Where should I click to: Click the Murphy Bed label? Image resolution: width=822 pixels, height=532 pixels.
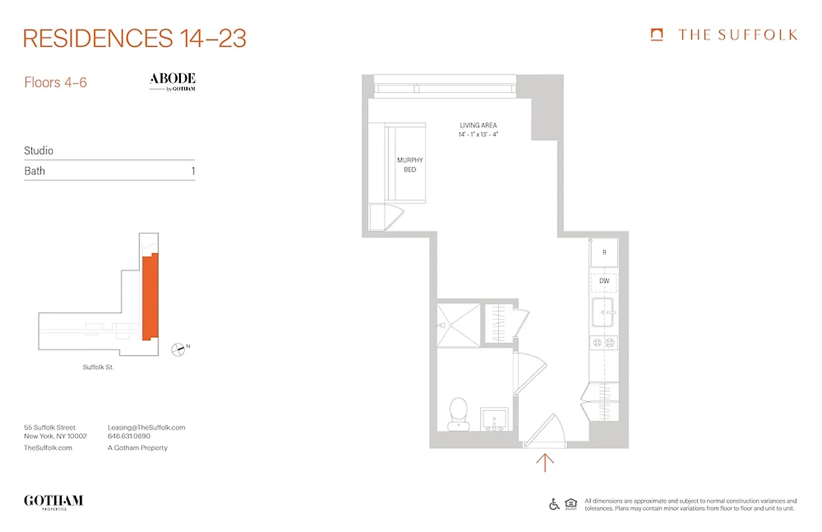(x=410, y=165)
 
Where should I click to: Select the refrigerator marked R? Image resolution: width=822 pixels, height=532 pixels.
(x=604, y=253)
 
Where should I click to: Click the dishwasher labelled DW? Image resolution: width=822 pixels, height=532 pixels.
(x=604, y=281)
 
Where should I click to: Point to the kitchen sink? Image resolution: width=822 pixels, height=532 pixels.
(x=604, y=312)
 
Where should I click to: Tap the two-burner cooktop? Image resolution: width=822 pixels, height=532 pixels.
(x=604, y=342)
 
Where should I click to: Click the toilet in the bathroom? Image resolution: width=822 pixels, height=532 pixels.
(x=458, y=412)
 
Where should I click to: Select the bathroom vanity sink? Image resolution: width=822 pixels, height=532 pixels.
(x=493, y=419)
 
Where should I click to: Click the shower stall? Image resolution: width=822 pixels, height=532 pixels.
(x=458, y=325)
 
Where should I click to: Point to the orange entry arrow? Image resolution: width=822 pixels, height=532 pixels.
(x=545, y=462)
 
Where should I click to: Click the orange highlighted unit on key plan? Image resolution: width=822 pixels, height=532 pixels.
(x=150, y=296)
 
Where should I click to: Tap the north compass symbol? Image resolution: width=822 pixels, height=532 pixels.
(x=179, y=348)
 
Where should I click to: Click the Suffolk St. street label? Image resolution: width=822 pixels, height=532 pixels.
(x=98, y=367)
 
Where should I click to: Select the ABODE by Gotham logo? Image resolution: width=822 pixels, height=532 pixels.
(x=172, y=82)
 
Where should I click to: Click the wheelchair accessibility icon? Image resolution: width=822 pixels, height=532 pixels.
(x=554, y=504)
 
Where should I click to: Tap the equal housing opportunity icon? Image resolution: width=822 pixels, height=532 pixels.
(x=571, y=504)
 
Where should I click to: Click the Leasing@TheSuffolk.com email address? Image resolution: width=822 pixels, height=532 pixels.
(x=146, y=428)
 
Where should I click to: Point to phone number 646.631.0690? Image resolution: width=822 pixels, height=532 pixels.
(x=129, y=437)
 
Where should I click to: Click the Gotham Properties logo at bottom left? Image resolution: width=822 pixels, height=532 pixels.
(x=53, y=501)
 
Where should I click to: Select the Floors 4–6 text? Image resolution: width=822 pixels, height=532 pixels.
(x=55, y=83)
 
